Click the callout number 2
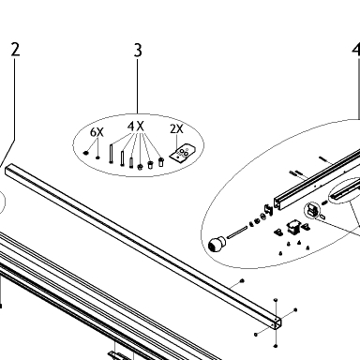click(15, 50)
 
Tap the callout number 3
click(138, 50)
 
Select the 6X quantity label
click(97, 132)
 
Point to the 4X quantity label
click(136, 127)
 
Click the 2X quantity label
click(176, 128)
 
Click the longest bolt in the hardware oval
click(111, 154)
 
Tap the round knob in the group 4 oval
click(217, 244)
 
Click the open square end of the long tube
click(276, 323)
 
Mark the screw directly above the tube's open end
click(276, 300)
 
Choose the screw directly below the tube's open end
click(276, 346)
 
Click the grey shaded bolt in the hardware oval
click(131, 162)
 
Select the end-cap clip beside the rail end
click(268, 209)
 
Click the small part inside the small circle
click(312, 210)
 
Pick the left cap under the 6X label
click(86, 153)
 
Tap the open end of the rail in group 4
click(277, 202)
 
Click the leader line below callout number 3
click(137, 86)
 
